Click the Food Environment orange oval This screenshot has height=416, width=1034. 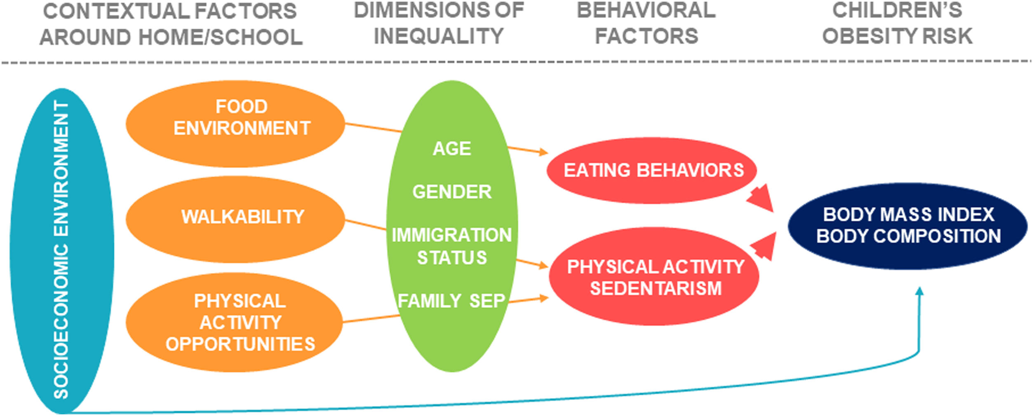point(235,124)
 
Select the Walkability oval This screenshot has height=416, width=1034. point(235,218)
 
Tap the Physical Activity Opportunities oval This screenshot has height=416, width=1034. point(235,322)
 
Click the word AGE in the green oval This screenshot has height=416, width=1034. point(452,149)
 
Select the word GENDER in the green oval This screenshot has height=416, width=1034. point(452,192)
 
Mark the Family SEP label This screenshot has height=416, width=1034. point(452,301)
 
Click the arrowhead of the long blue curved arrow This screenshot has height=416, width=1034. point(919,292)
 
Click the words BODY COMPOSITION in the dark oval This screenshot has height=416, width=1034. point(909,236)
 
